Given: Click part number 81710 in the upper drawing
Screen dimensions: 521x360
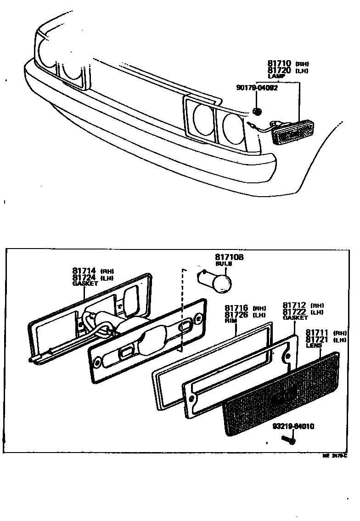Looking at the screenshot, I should (x=280, y=64).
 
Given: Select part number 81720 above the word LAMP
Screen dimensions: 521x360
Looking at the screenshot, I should (x=280, y=71).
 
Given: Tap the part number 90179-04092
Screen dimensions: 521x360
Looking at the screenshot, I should (x=257, y=88).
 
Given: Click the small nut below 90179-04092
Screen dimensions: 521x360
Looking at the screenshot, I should (x=257, y=111).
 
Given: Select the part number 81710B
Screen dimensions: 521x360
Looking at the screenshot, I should (x=230, y=257).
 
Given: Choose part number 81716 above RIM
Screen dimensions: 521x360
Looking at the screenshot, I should (x=236, y=309).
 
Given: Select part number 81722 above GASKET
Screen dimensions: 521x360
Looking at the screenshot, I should (x=294, y=312).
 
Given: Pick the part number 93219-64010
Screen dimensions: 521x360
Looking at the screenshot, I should (x=293, y=426).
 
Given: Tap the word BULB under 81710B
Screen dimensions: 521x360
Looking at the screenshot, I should (x=224, y=264).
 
